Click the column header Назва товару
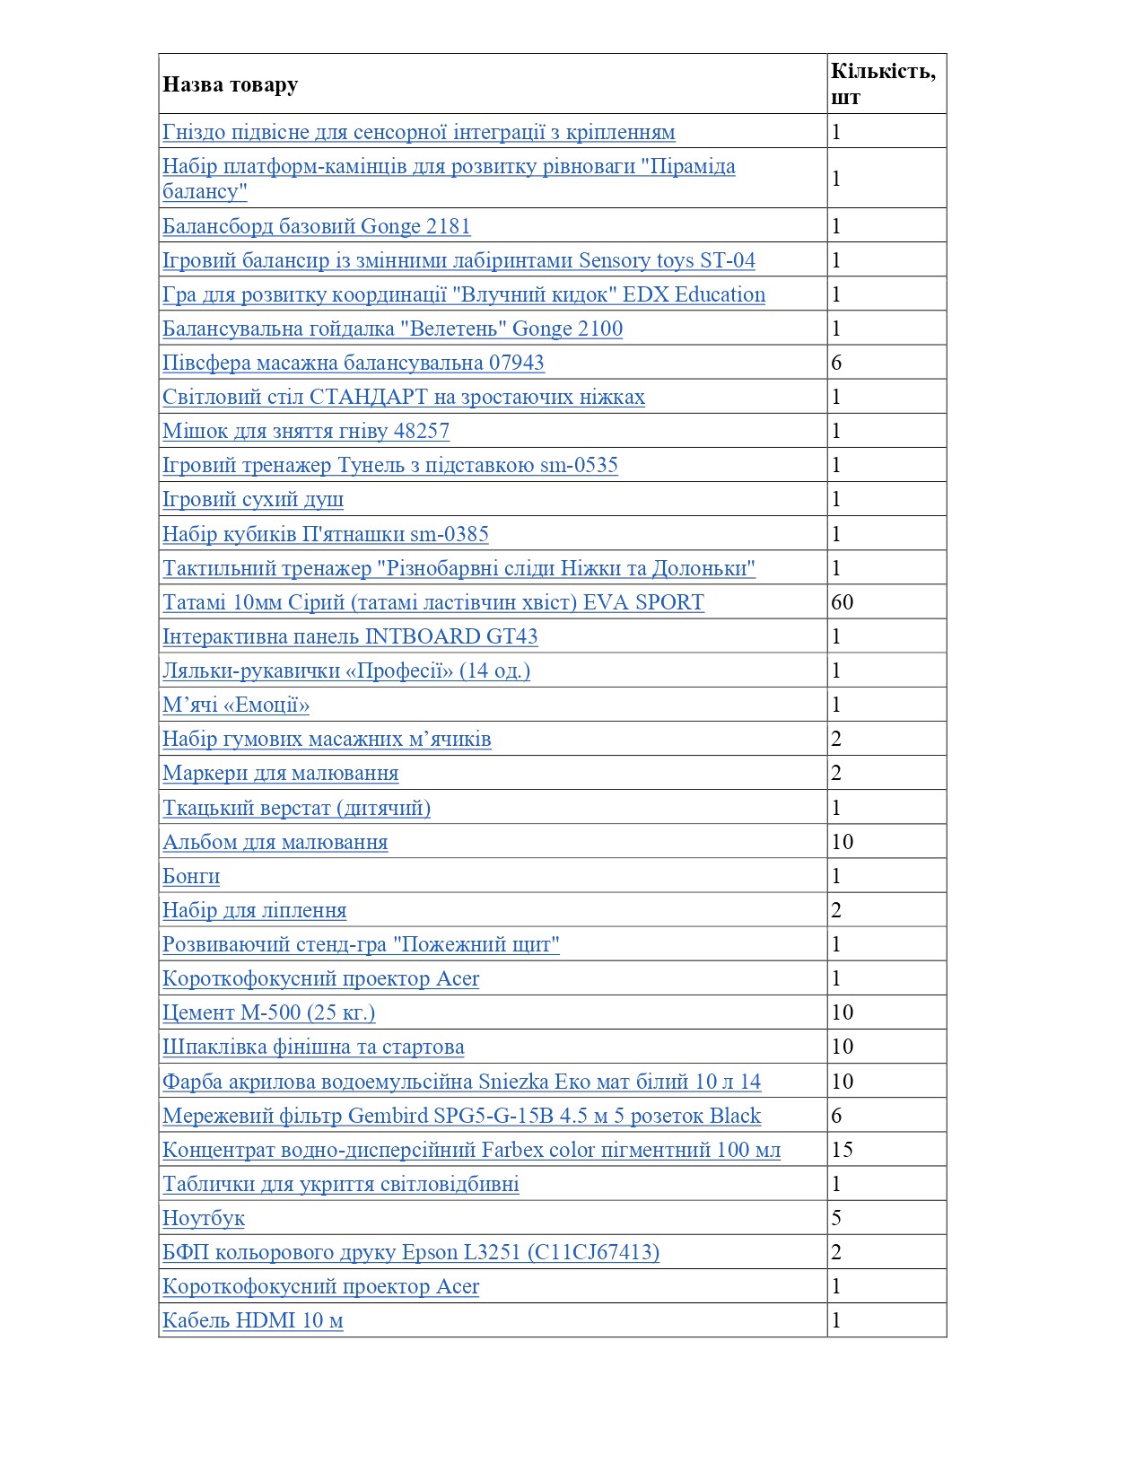coord(230,84)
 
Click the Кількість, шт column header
coord(883,83)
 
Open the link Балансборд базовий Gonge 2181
coord(316,226)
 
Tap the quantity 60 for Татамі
coord(843,602)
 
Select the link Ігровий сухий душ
coord(253,499)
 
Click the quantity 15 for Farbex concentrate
coord(843,1150)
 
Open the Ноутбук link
coord(204,1218)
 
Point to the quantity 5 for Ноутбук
coord(837,1218)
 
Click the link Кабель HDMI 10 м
coord(253,1320)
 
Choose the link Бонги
coord(191,876)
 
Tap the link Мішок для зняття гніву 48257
coord(306,431)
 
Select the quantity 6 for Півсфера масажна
coord(837,363)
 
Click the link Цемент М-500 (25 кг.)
coord(268,1012)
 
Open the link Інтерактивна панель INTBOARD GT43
coord(350,636)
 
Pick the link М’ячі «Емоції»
coord(236,705)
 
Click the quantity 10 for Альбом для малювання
coord(843,842)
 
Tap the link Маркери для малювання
coord(280,773)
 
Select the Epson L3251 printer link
coord(411,1252)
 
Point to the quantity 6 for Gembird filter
coord(837,1116)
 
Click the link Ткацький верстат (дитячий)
coord(296,808)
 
